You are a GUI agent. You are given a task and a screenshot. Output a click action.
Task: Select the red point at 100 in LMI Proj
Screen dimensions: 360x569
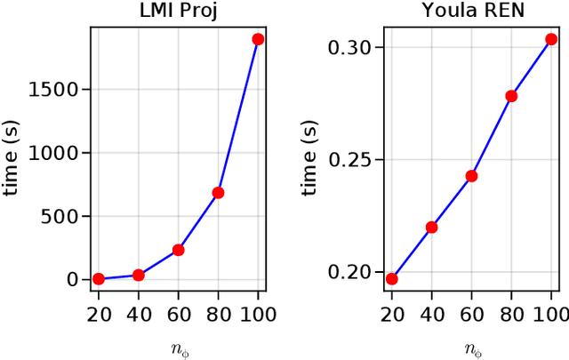coord(258,39)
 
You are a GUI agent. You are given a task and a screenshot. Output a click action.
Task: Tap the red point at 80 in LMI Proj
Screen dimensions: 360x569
coord(218,192)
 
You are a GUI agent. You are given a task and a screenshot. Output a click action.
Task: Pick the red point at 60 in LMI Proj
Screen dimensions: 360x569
coord(178,250)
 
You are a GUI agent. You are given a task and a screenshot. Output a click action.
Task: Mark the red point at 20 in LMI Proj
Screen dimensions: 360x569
coord(99,278)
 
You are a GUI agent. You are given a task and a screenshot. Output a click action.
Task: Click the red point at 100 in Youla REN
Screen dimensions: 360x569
coord(551,39)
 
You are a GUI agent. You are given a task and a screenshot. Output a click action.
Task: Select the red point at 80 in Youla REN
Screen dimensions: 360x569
coord(511,96)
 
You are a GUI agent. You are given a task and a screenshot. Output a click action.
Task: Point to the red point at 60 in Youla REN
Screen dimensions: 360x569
coord(471,176)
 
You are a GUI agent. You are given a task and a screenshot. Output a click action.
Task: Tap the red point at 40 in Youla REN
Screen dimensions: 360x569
coord(431,227)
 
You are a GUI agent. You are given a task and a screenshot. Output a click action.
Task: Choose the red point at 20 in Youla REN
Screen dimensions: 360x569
coord(391,278)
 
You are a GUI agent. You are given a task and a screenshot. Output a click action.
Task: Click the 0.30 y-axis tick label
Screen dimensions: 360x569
coord(354,47)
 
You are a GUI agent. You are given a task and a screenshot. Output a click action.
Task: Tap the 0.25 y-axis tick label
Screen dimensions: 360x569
coord(354,160)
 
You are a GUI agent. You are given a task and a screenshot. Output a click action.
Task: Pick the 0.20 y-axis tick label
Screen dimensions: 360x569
coord(354,272)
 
